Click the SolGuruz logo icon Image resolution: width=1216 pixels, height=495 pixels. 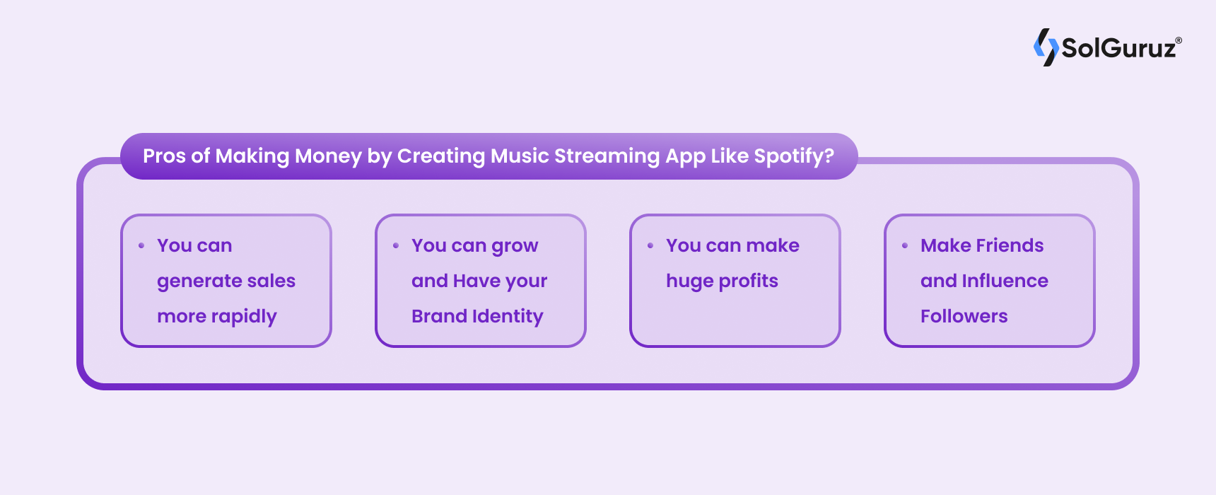1046,47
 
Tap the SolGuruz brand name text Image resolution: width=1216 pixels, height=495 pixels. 1119,48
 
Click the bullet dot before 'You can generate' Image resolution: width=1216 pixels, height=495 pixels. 141,245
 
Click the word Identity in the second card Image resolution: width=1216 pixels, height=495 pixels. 508,316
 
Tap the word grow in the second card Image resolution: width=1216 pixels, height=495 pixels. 515,246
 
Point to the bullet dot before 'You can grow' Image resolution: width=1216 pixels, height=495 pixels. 396,245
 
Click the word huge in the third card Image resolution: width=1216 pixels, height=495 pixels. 689,281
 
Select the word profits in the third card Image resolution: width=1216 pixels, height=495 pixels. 748,281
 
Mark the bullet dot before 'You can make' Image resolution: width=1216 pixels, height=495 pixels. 650,245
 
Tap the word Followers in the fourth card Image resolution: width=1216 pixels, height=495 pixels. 964,316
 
